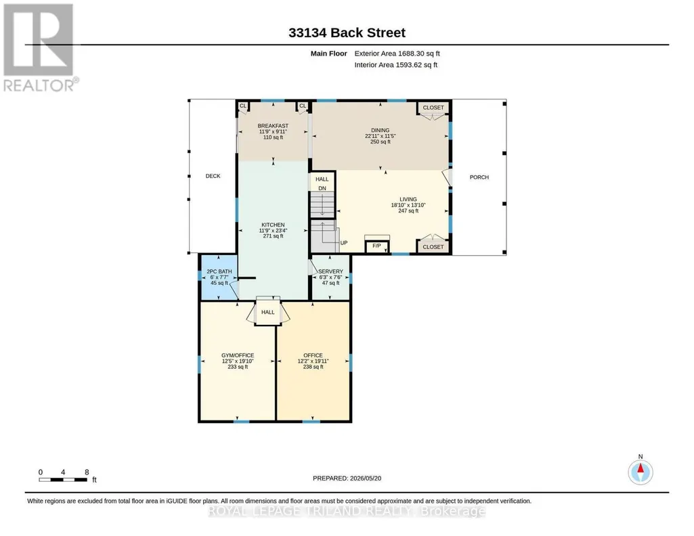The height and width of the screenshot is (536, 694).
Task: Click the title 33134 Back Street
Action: [347, 32]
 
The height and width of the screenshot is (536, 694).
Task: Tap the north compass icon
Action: [640, 472]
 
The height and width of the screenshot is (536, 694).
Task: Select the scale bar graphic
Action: [63, 480]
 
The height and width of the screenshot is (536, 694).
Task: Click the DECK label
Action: [213, 176]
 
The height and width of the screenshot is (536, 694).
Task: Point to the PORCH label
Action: [479, 177]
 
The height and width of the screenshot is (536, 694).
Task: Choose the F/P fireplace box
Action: [376, 247]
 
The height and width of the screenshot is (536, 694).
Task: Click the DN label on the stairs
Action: [322, 188]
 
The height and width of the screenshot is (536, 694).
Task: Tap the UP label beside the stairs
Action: [344, 243]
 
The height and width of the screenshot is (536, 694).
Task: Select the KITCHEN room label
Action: [273, 225]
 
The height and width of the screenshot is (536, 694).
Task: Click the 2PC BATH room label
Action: [219, 271]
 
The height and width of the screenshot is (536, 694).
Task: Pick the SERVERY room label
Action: [330, 271]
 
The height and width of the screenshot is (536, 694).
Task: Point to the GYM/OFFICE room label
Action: [238, 355]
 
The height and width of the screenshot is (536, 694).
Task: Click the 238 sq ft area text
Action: [313, 367]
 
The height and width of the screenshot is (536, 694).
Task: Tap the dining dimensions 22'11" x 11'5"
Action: [381, 136]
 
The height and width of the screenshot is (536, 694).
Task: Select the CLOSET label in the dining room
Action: [433, 108]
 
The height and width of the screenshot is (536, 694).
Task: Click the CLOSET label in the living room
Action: [433, 247]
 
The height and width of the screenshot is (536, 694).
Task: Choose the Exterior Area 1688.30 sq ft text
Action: [397, 53]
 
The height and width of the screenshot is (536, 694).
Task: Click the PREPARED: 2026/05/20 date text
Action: [347, 478]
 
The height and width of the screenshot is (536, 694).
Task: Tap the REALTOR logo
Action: [40, 48]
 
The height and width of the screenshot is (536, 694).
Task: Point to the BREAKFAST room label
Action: [273, 126]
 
